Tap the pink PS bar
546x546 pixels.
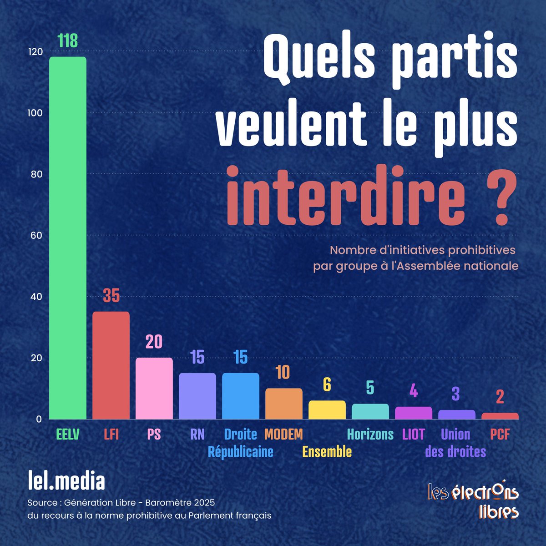point(154,388)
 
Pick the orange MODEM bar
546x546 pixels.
point(283,403)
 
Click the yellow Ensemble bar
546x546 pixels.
point(327,409)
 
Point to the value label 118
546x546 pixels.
point(68,41)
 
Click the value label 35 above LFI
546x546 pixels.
point(111,296)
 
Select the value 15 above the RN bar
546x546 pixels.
point(197,357)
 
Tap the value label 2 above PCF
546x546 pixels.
point(500,397)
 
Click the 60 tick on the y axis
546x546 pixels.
point(36,236)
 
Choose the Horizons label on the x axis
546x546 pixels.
point(370,435)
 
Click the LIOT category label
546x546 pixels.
point(413,435)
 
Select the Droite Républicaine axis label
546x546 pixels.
point(241,443)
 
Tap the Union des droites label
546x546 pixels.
point(455,443)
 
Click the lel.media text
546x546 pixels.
point(66,481)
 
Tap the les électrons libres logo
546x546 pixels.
point(473,500)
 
